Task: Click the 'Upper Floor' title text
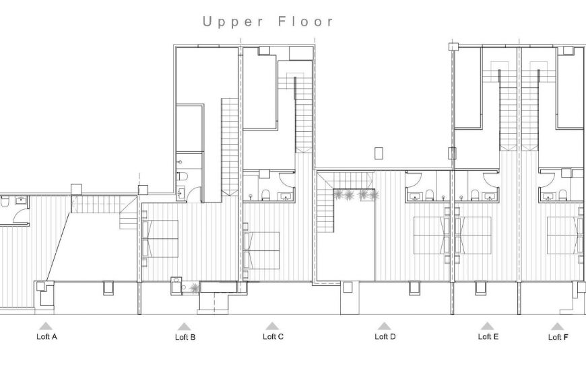coord(268,22)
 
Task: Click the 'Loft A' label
coord(46,336)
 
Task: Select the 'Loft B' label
coord(185,338)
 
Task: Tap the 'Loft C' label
coord(273,336)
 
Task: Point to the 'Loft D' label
coord(385,336)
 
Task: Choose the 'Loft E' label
coord(488,336)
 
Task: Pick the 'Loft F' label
coord(558,337)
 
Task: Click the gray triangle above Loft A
coord(46,326)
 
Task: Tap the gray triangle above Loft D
coord(384,326)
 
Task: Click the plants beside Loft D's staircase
coord(356,195)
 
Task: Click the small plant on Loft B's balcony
coord(194,288)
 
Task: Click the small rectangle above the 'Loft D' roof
coord(379,153)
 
